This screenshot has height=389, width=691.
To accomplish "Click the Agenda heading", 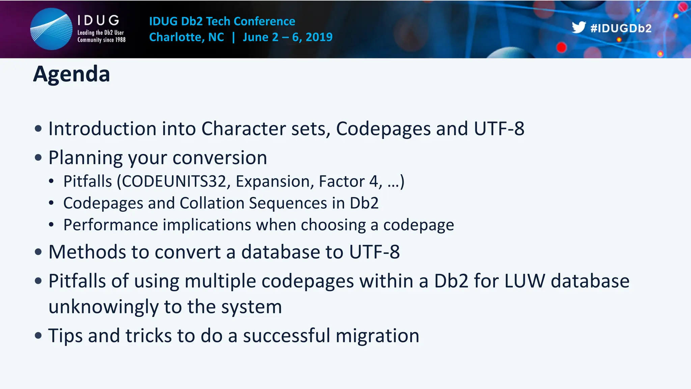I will click(x=72, y=74).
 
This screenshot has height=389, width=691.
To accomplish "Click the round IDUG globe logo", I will click(x=51, y=29).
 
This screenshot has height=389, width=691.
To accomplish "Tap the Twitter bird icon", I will click(x=578, y=27).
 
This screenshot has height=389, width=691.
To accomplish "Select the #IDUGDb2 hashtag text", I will click(x=621, y=28).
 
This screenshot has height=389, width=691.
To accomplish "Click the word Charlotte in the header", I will click(x=176, y=37).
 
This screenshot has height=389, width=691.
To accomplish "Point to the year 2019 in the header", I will click(x=319, y=37).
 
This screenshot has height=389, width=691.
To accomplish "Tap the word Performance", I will click(x=110, y=225).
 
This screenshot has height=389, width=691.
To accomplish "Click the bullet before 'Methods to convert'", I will click(x=38, y=252).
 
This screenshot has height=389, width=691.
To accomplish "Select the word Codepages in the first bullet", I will click(x=383, y=129).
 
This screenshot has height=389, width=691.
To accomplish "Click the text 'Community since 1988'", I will click(x=101, y=40).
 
